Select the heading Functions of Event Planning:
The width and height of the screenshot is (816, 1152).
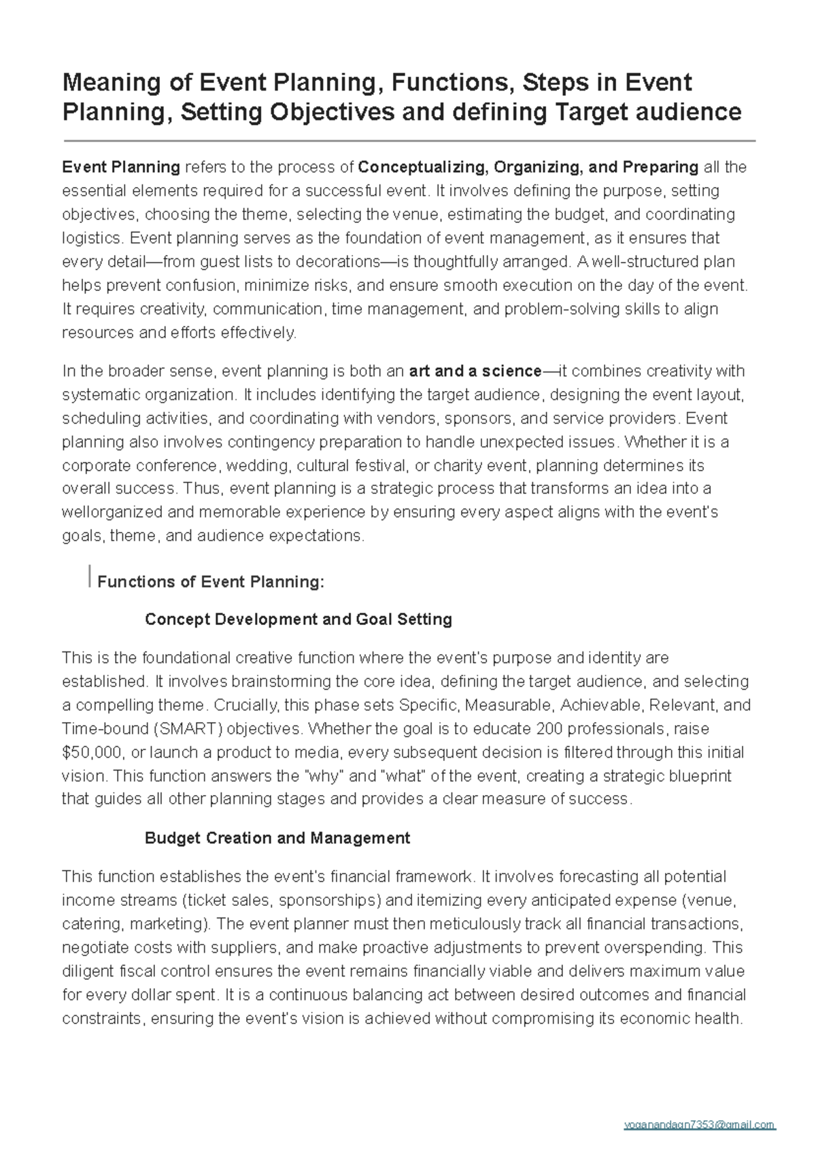click(211, 581)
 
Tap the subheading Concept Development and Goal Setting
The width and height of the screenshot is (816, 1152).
click(299, 620)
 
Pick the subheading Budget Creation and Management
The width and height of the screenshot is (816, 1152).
click(277, 838)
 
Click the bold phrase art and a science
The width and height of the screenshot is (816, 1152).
click(475, 371)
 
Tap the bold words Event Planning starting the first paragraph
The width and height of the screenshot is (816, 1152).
click(121, 167)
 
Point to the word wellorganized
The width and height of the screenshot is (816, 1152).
click(112, 512)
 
